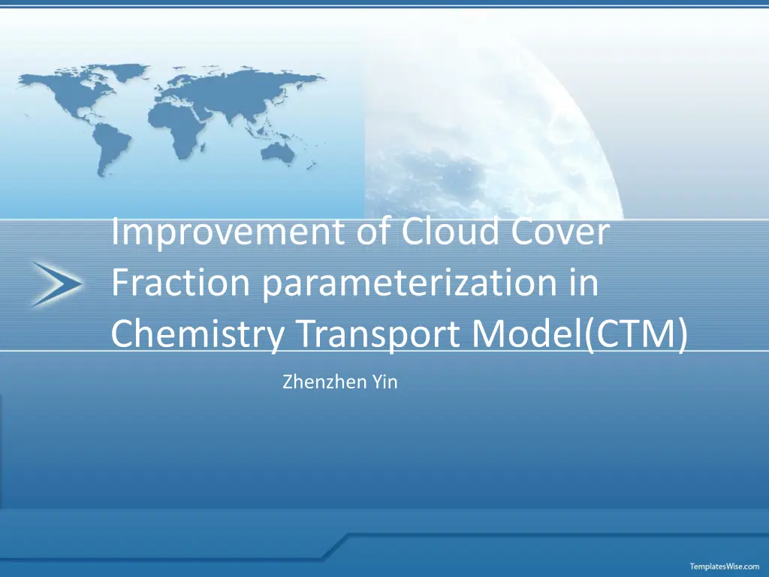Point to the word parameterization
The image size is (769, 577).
(409, 284)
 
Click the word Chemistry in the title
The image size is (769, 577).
(198, 334)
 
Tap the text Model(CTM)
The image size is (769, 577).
(580, 334)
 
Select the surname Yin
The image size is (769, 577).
(384, 382)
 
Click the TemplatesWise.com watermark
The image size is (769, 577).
(725, 566)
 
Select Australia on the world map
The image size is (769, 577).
(278, 152)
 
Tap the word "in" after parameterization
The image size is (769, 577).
(584, 282)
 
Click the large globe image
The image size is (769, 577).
(490, 132)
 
